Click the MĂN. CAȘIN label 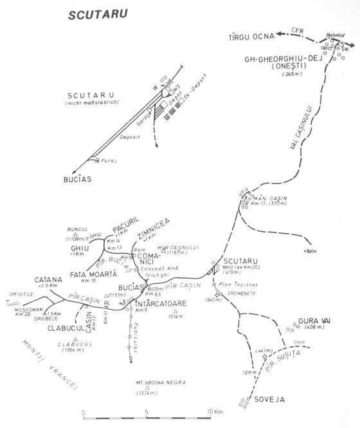269,198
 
